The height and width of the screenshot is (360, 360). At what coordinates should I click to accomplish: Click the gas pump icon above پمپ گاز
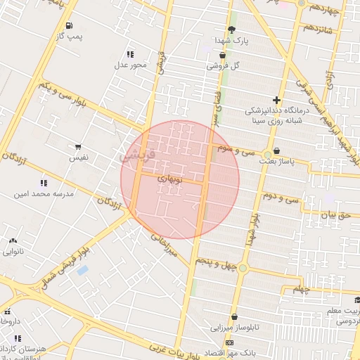click(x=68, y=26)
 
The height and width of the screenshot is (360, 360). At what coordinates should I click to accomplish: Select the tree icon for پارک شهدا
click(x=231, y=30)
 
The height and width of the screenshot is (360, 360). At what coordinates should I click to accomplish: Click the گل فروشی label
click(x=224, y=65)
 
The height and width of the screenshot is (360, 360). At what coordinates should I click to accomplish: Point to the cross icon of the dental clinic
click(x=276, y=100)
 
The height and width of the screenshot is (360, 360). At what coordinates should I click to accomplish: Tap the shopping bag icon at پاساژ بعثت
click(x=276, y=150)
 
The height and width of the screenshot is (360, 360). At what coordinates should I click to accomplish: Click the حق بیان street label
click(x=334, y=217)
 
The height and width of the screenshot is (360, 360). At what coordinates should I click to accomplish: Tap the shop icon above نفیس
click(x=77, y=148)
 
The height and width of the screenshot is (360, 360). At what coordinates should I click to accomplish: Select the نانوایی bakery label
click(x=13, y=250)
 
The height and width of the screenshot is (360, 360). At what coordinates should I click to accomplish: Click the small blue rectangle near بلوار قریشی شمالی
click(x=83, y=270)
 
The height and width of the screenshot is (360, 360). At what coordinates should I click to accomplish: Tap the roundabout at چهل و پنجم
click(x=243, y=268)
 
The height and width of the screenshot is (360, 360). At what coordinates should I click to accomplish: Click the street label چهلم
click(x=301, y=289)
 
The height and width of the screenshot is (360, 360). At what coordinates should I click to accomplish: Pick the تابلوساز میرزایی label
click(x=237, y=328)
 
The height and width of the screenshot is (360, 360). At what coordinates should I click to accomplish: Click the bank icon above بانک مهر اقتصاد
click(x=229, y=342)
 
